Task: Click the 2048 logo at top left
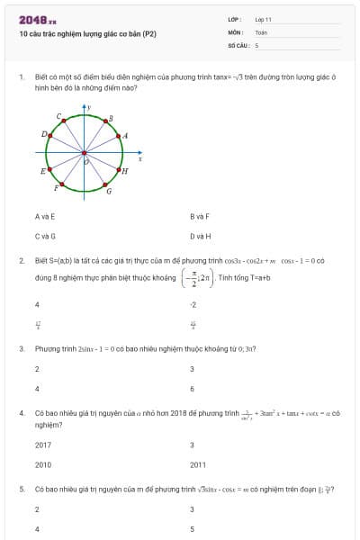pyautogui.click(x=37, y=19)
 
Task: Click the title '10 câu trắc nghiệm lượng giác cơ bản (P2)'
pyautogui.click(x=87, y=33)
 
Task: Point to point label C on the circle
pyautogui.click(x=58, y=117)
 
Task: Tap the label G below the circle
pyautogui.click(x=109, y=191)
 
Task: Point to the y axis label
pyautogui.click(x=89, y=107)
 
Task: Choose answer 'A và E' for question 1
pyautogui.click(x=44, y=217)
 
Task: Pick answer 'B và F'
pyautogui.click(x=200, y=217)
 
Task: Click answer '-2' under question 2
pyautogui.click(x=193, y=305)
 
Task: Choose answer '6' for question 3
pyautogui.click(x=192, y=389)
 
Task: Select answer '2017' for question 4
pyautogui.click(x=42, y=445)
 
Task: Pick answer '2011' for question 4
pyautogui.click(x=198, y=464)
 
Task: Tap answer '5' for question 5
pyautogui.click(x=192, y=529)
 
